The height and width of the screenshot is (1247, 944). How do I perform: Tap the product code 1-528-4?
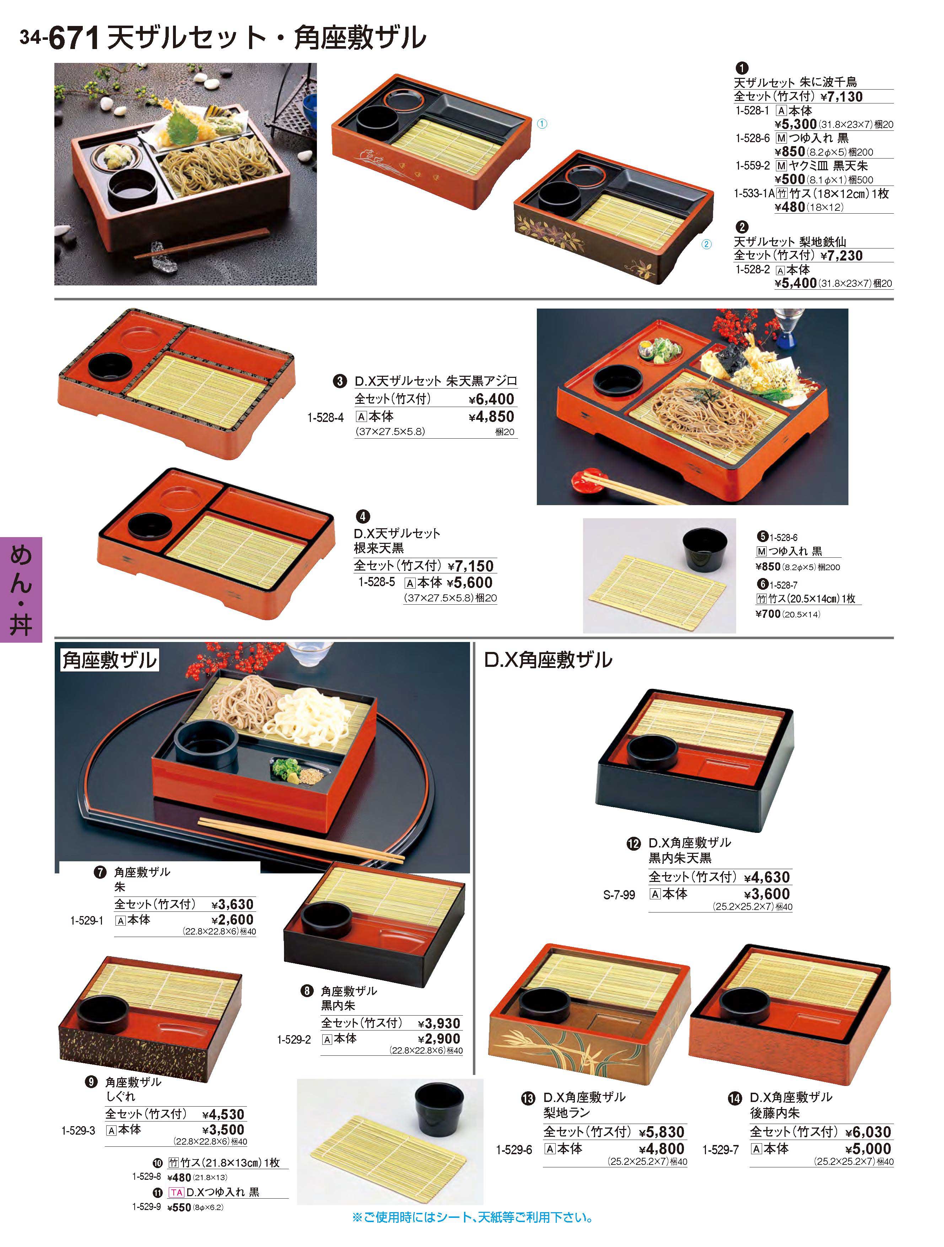[325, 418]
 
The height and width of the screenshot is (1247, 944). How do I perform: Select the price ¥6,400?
[491, 399]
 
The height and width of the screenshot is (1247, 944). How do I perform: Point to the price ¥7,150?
[471, 566]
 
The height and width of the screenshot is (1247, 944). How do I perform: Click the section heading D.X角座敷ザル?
[548, 659]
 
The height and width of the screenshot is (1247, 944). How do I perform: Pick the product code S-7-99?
[619, 895]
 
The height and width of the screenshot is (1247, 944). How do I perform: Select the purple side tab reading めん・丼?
[21, 589]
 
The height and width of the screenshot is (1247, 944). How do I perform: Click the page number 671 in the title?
[74, 38]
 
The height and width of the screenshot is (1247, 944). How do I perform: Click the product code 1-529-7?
[720, 1150]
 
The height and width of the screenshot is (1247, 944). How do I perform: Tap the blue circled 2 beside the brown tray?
[706, 244]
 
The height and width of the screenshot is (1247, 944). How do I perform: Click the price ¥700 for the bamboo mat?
[767, 614]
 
